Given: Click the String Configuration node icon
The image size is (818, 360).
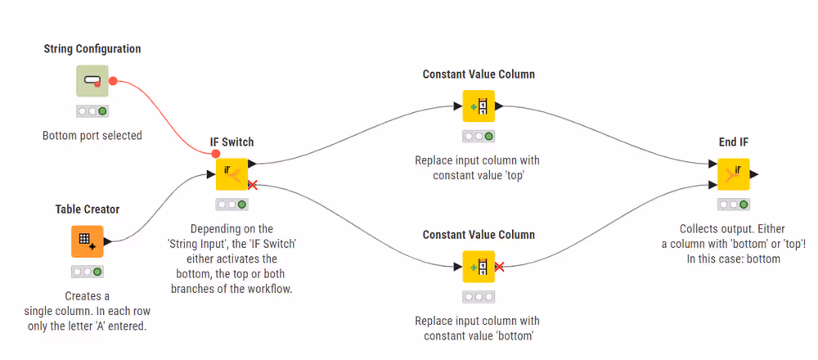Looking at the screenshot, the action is click(92, 81).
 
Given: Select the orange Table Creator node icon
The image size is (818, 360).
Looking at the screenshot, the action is click(88, 241).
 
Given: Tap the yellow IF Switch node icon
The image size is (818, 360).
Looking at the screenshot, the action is click(231, 174).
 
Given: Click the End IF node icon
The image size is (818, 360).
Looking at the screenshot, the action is click(734, 174).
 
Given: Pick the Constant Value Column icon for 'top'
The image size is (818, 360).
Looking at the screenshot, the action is click(479, 106).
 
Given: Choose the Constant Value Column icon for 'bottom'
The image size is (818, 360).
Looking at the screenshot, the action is click(479, 267).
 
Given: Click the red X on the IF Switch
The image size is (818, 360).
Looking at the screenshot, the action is click(253, 185).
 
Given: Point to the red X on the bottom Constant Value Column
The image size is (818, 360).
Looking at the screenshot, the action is click(499, 267).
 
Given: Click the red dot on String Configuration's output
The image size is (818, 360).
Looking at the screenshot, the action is click(113, 81).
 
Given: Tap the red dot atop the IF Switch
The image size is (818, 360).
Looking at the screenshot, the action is click(215, 154).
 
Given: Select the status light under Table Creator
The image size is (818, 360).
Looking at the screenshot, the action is click(88, 272).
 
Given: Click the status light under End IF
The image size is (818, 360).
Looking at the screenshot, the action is click(734, 205).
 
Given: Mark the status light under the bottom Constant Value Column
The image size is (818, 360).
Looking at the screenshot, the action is click(479, 297).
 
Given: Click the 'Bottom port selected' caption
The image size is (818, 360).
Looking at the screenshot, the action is click(92, 136).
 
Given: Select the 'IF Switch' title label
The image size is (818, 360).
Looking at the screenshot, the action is click(232, 142).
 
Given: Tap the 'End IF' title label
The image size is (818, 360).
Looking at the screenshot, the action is click(734, 142).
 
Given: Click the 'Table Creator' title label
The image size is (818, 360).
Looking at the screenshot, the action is click(88, 209).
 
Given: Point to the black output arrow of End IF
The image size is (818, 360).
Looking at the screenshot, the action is click(754, 174).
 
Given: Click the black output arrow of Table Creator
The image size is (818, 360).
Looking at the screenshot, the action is click(107, 241).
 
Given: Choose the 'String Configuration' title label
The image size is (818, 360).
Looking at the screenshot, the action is click(92, 49).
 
